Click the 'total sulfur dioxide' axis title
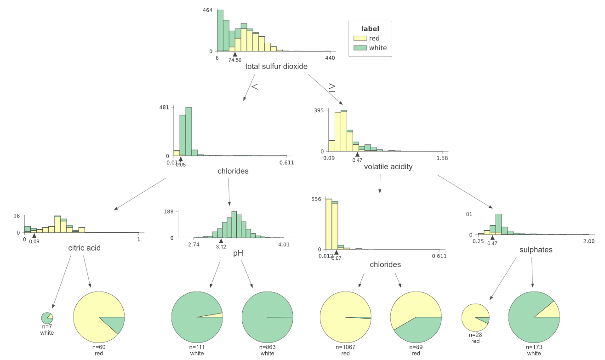click(x=276, y=67)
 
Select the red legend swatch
click(x=360, y=39)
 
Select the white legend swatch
click(x=360, y=48)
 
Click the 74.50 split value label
click(x=235, y=60)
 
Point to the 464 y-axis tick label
click(x=207, y=10)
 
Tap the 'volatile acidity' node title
click(x=388, y=167)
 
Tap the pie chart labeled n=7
click(x=47, y=318)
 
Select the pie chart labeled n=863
click(x=267, y=317)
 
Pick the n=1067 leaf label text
click(x=345, y=348)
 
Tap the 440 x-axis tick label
click(x=330, y=58)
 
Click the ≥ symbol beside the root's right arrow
click(x=331, y=86)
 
